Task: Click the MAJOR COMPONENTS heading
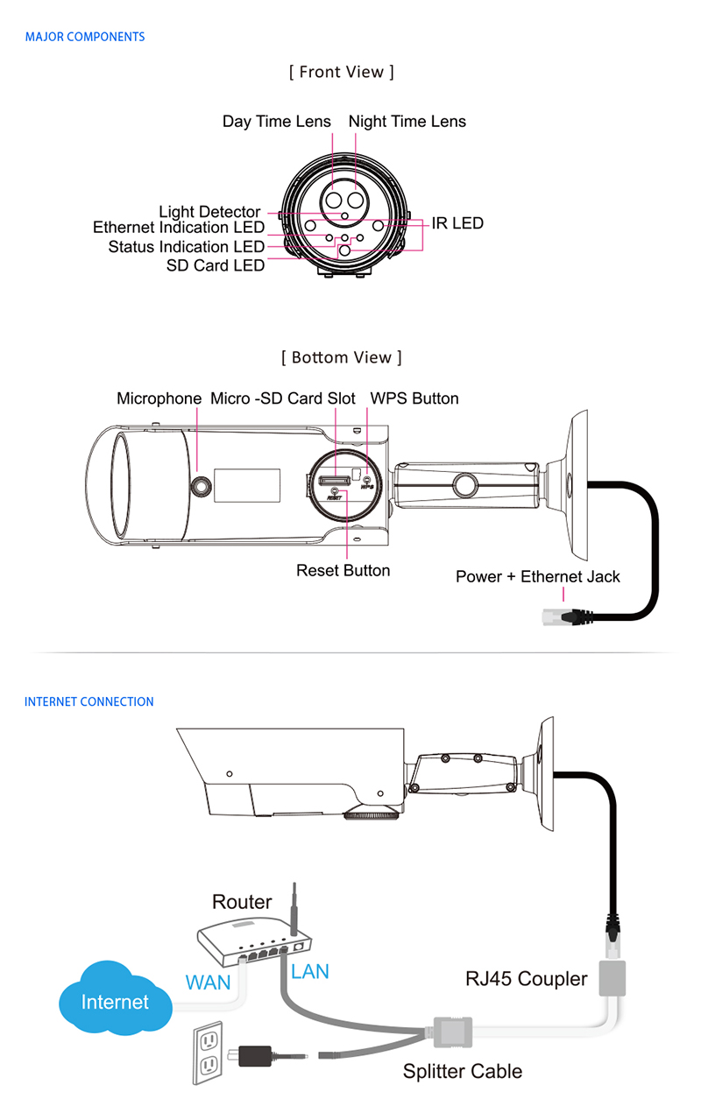[x=85, y=37]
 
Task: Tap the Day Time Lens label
[x=276, y=122]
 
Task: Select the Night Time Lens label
[x=407, y=122]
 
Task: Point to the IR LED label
[x=457, y=223]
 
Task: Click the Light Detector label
[x=209, y=212]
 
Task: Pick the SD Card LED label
[x=216, y=266]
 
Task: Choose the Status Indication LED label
[x=187, y=246]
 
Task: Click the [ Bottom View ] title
[x=342, y=357]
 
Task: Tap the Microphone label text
[x=159, y=398]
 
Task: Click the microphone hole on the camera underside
[x=201, y=486]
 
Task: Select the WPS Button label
[x=414, y=398]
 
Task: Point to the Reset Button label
[x=343, y=570]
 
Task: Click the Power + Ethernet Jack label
[x=538, y=576]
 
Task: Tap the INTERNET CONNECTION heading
[x=89, y=701]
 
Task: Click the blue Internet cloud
[x=116, y=998]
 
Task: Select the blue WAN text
[x=208, y=983]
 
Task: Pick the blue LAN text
[x=310, y=971]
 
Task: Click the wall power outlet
[x=208, y=1053]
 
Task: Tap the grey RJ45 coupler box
[x=612, y=978]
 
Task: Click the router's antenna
[x=294, y=910]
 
